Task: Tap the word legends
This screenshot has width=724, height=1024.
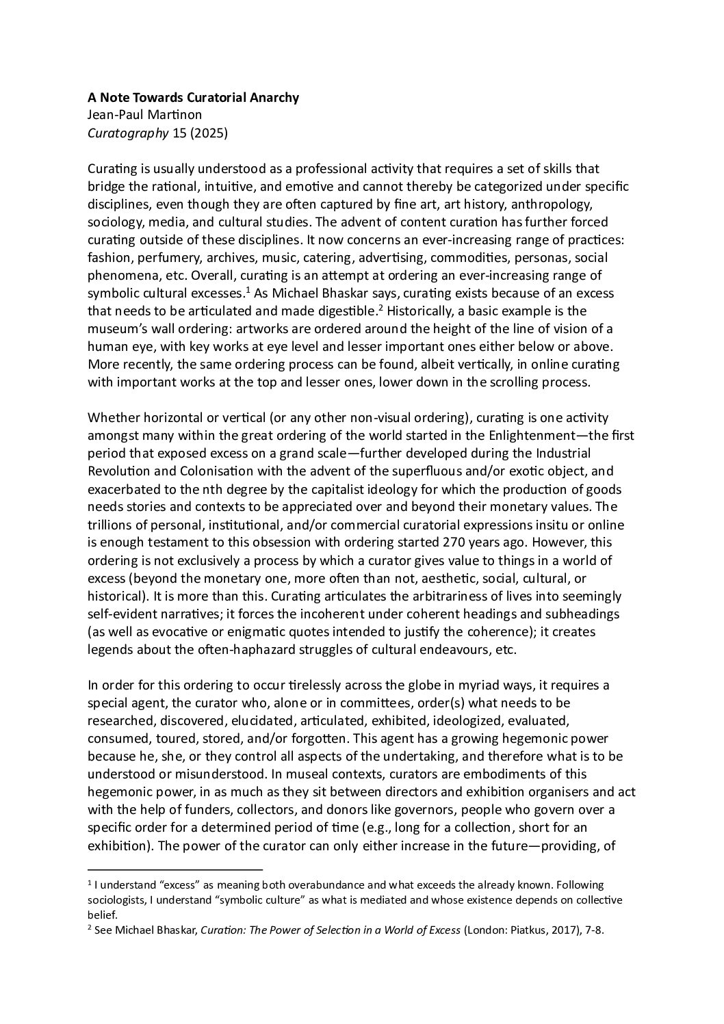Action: click(109, 648)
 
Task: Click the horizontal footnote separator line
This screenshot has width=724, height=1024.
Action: click(175, 870)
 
